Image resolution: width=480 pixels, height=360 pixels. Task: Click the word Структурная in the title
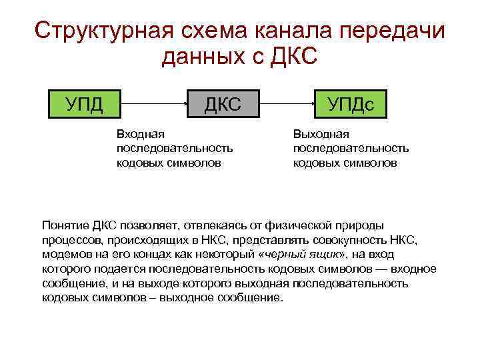pyautogui.click(x=103, y=31)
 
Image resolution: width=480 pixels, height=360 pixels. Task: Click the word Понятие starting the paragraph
pyautogui.click(x=63, y=226)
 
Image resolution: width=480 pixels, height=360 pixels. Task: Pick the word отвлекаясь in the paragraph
pyautogui.click(x=204, y=226)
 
